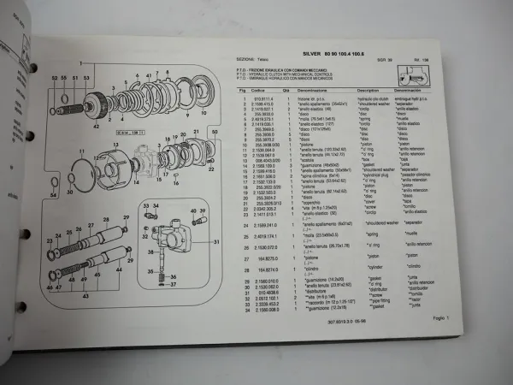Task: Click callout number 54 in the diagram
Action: (52, 194)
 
